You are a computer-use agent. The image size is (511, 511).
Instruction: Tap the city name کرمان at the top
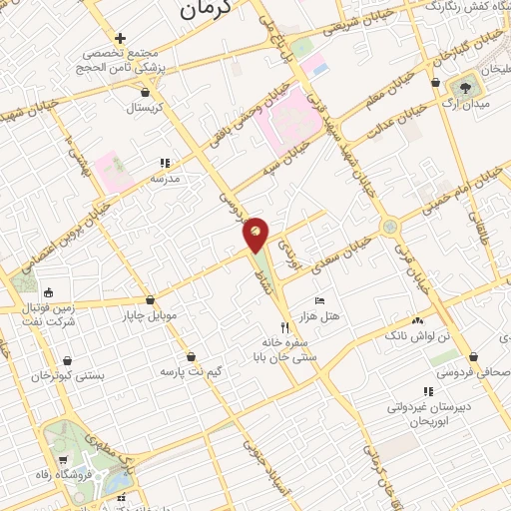[x=209, y=10]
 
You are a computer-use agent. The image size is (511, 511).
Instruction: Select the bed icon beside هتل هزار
[x=319, y=300]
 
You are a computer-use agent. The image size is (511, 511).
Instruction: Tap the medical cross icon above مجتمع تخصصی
[x=120, y=37]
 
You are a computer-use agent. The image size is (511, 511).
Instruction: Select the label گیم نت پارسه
[x=191, y=371]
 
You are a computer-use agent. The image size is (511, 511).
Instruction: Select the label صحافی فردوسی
[x=474, y=373]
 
